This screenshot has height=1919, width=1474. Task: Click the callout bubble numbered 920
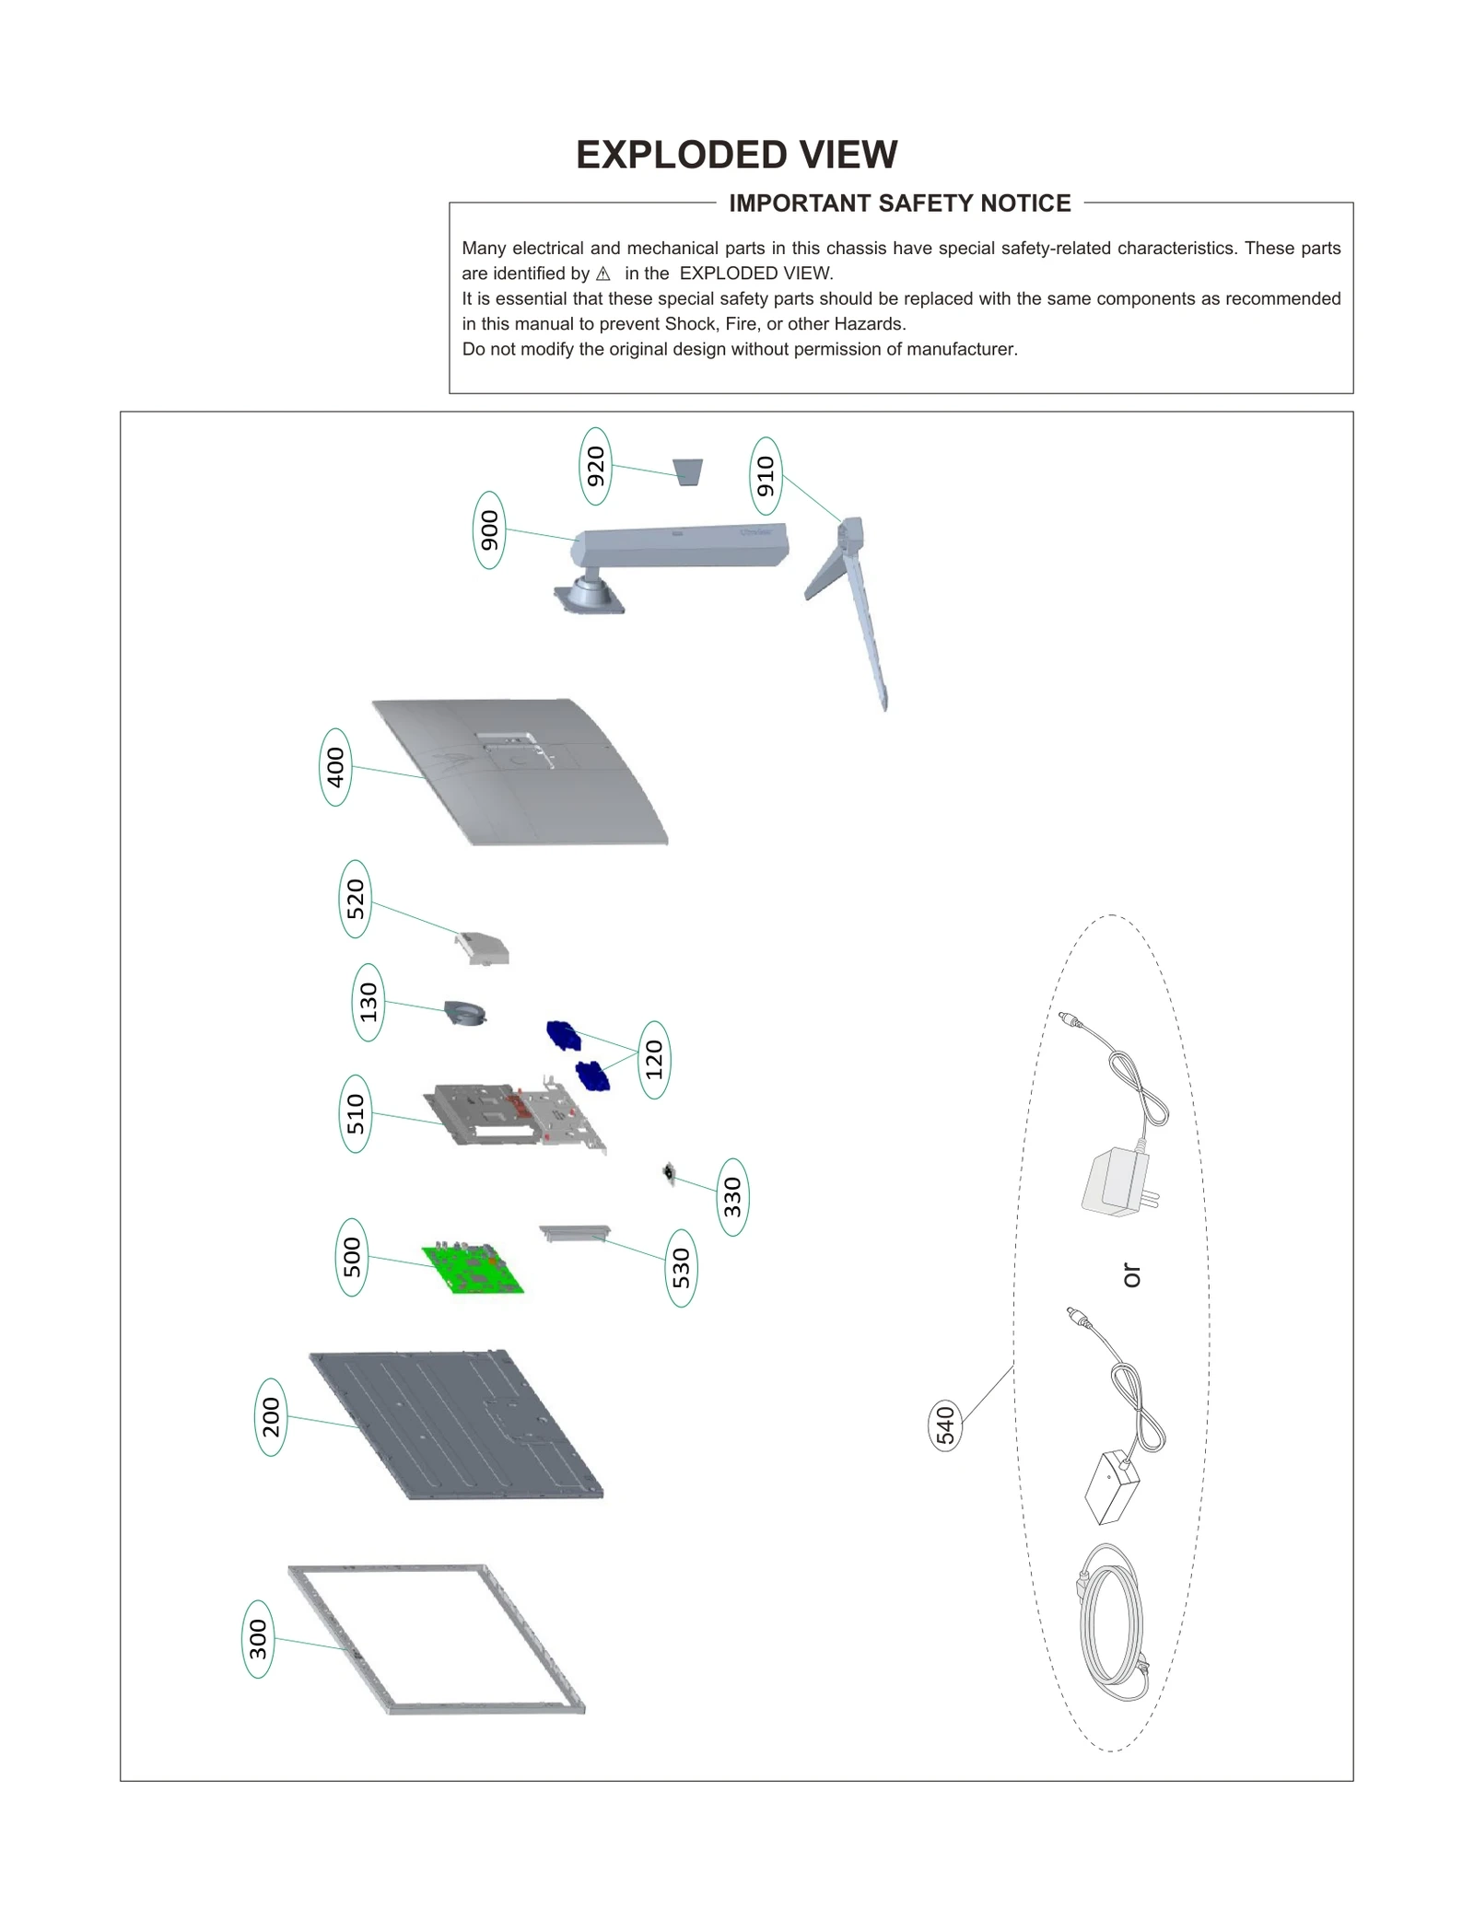[596, 466]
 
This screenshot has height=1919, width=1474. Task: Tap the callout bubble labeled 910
[766, 476]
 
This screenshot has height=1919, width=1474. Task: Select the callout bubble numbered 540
[945, 1425]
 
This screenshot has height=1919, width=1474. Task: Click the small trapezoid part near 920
[688, 472]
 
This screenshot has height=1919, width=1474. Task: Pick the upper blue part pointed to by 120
[563, 1035]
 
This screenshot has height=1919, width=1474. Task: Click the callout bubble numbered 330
[732, 1196]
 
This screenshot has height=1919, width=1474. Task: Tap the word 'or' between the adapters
[1131, 1275]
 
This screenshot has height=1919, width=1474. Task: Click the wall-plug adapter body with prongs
[1117, 1181]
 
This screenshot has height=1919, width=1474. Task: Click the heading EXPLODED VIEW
[736, 155]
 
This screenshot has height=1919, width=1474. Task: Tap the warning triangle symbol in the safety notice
[603, 273]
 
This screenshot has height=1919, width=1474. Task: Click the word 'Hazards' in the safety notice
[869, 324]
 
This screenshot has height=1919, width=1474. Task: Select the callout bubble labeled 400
[335, 767]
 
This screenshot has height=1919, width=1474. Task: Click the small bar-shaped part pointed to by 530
[575, 1232]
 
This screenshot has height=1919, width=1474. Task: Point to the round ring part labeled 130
[465, 1014]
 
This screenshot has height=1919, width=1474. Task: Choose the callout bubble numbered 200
[271, 1417]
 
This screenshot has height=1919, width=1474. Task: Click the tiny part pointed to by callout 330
[670, 1173]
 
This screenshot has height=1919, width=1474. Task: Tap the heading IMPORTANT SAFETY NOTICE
[899, 204]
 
